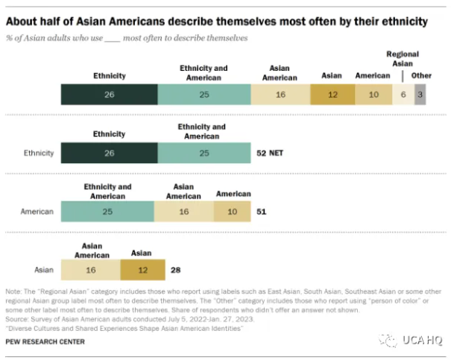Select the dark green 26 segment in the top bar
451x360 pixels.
coord(110,95)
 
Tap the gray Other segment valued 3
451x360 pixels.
coord(420,95)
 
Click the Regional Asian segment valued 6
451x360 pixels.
coord(403,95)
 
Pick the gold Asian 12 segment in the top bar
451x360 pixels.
coord(332,95)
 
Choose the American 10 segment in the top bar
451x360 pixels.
coord(373,95)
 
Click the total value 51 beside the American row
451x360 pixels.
coord(261,212)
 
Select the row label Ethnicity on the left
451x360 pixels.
coord(40,153)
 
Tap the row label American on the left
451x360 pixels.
coord(37,212)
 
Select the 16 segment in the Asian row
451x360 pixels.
coord(91,270)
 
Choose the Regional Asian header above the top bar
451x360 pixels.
coord(403,60)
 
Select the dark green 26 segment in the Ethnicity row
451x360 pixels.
coord(110,153)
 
